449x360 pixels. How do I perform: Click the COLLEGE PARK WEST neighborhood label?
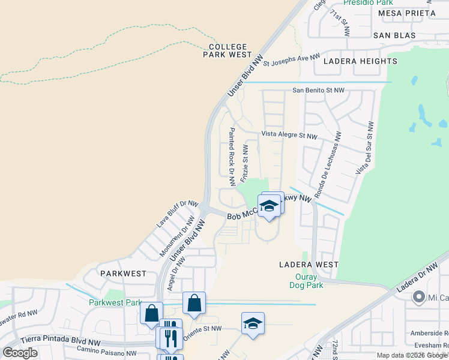231,50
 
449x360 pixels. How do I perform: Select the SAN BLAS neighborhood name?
394,35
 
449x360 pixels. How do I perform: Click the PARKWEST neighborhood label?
123,273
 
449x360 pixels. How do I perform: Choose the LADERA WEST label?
309,264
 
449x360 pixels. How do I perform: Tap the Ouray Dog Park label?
310,281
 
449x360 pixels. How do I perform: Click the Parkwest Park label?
115,302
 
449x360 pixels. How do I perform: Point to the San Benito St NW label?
318,91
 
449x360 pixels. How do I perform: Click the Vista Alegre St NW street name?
289,135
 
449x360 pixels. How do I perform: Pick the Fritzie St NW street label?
245,163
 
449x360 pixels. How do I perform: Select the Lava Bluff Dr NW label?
177,214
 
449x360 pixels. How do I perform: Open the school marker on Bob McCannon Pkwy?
270,206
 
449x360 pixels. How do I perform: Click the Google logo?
20,353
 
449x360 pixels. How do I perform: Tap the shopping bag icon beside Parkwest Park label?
152,312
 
